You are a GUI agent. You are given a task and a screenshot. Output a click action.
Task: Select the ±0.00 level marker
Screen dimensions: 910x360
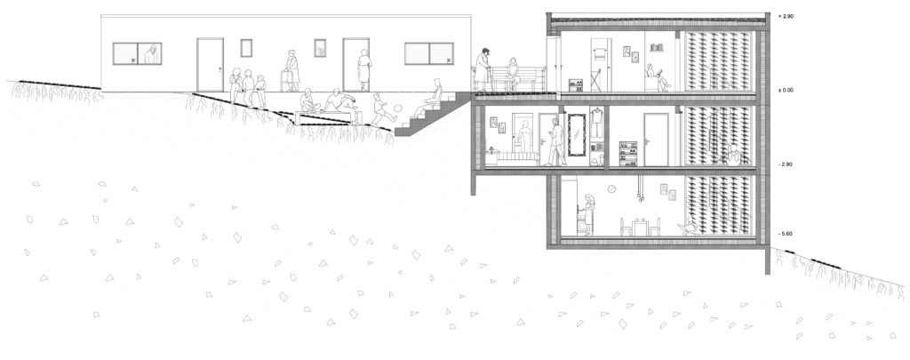(x=786, y=90)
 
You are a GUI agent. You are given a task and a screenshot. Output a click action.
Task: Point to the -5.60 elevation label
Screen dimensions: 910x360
(x=786, y=234)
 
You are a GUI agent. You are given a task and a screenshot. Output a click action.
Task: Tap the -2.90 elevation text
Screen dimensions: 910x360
(x=786, y=164)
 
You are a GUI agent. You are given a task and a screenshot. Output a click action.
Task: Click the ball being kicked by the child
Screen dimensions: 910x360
(x=399, y=108)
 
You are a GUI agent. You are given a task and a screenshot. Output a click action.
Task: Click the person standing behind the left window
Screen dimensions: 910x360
(x=152, y=54)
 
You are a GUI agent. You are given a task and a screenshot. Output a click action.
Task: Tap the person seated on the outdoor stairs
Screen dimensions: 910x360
(x=429, y=100)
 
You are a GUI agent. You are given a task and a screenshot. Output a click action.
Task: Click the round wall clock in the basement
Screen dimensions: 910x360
(x=611, y=188)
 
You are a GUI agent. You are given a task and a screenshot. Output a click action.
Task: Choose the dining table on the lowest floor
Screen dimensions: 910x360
(x=640, y=227)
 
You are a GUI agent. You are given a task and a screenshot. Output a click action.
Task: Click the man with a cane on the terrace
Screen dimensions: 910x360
(x=483, y=69)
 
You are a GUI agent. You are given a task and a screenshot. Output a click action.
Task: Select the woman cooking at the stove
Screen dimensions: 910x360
(x=588, y=213)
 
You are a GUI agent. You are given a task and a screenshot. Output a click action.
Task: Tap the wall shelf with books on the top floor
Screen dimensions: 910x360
(x=656, y=47)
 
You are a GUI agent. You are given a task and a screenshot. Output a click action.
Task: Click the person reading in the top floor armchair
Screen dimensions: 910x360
(x=656, y=79)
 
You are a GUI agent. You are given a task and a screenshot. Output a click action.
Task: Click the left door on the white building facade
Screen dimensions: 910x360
(x=210, y=65)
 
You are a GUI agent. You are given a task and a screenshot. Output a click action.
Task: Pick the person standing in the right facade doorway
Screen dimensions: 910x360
(x=363, y=69)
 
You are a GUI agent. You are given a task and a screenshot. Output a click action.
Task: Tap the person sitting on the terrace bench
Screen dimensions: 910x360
(x=513, y=74)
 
